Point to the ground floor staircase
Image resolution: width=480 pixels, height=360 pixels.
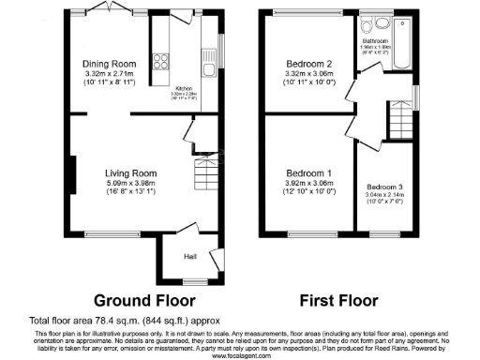click(x=203, y=174)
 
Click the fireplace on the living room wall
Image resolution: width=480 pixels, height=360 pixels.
click(x=68, y=174)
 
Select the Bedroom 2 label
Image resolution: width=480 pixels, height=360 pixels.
click(x=310, y=63)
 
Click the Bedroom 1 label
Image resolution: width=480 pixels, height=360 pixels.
click(x=309, y=173)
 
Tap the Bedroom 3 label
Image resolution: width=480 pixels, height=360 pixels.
click(x=386, y=187)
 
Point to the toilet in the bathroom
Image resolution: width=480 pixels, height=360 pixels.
click(x=375, y=26)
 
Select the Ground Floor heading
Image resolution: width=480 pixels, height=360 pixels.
click(x=144, y=302)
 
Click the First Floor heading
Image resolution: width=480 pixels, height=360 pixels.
click(x=337, y=302)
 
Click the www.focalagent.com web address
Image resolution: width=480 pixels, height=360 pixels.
click(x=240, y=356)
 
